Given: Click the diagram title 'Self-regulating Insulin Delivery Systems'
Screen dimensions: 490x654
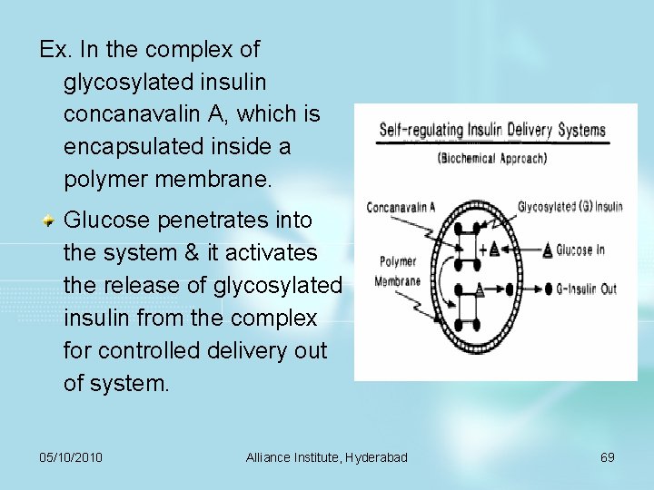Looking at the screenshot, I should pyautogui.click(x=491, y=130).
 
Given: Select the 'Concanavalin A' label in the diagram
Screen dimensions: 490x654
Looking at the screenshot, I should pyautogui.click(x=401, y=207).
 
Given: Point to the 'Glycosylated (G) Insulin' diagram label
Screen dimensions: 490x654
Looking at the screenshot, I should pyautogui.click(x=570, y=207).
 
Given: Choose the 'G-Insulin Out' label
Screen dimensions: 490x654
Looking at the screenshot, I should pyautogui.click(x=586, y=289).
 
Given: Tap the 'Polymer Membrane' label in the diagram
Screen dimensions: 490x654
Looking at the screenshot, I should pyautogui.click(x=397, y=270).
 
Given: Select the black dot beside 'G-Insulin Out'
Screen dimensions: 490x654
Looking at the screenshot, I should pyautogui.click(x=549, y=289).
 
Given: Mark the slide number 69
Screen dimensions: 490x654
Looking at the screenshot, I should pyautogui.click(x=608, y=457).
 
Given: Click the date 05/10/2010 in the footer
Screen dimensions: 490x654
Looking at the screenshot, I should pyautogui.click(x=71, y=457).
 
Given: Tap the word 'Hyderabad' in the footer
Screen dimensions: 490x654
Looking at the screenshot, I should pyautogui.click(x=377, y=457).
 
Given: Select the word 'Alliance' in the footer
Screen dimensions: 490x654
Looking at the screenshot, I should pyautogui.click(x=269, y=457).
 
